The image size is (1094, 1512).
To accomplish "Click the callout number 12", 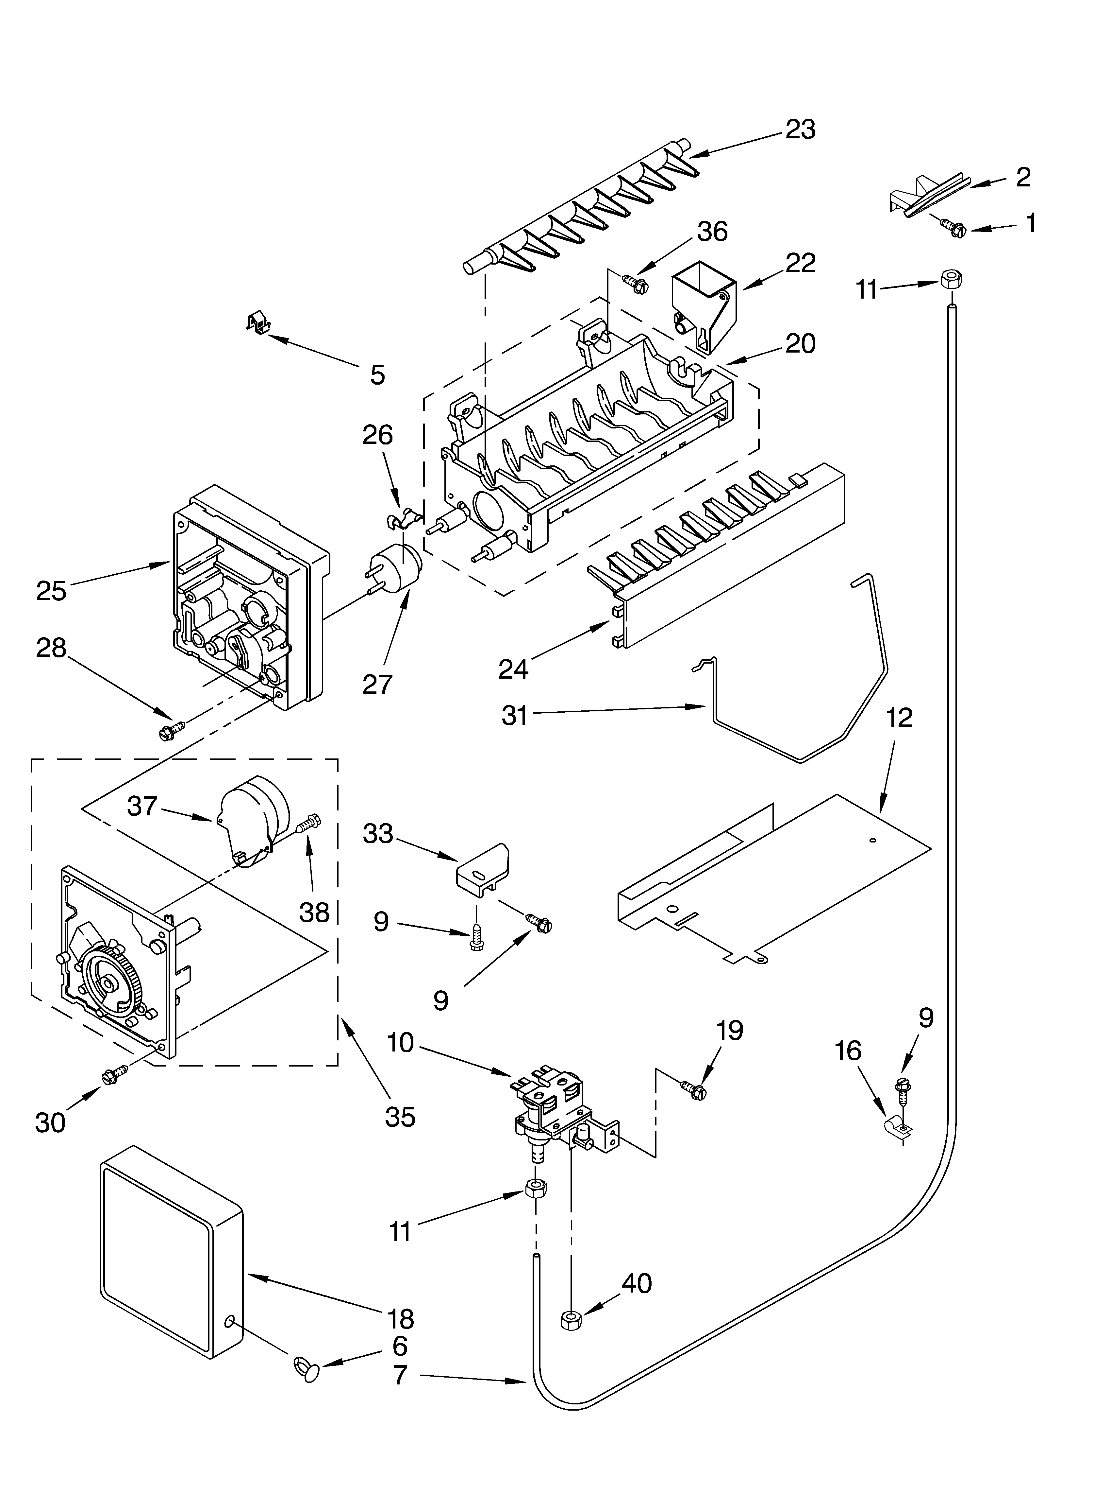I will point(900,718).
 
